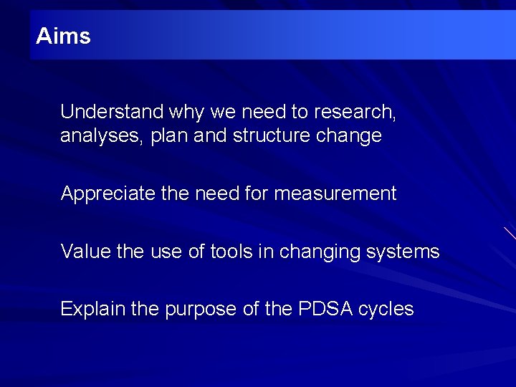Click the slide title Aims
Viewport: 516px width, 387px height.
point(63,36)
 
